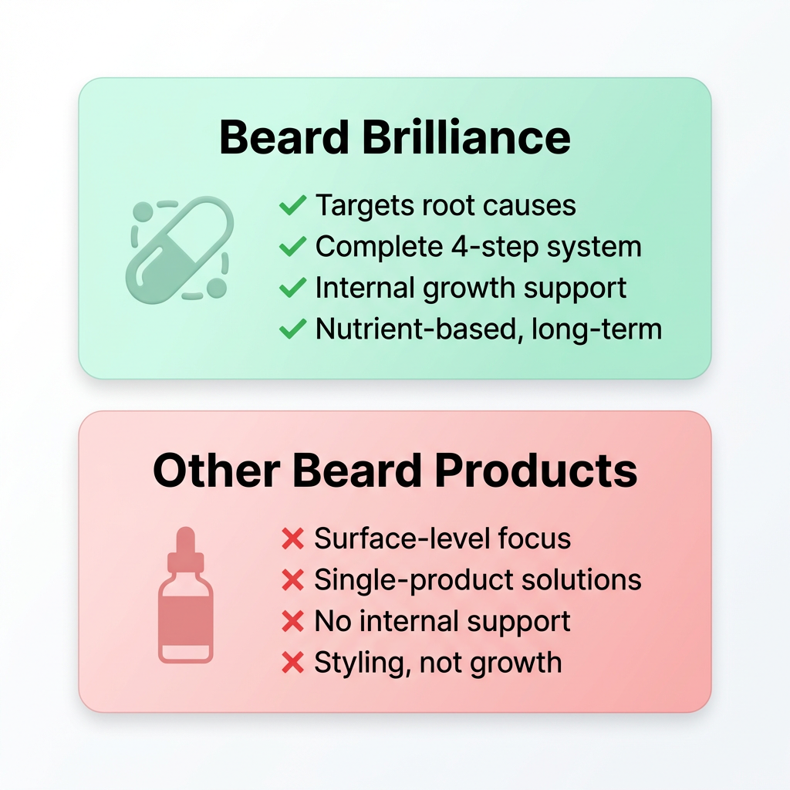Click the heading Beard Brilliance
pos(395,138)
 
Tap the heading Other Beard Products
pos(395,470)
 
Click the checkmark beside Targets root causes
pos(292,206)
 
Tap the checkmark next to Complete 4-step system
pos(292,247)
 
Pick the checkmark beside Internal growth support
pos(292,288)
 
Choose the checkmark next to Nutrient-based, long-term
pos(292,329)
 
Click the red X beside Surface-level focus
pos(292,539)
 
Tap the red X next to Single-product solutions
pos(292,580)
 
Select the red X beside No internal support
pos(292,621)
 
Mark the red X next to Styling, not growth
pos(292,662)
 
